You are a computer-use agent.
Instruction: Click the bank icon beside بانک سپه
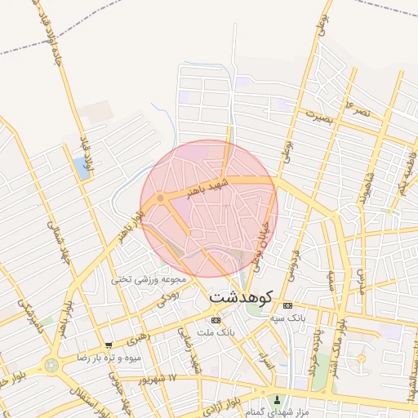pyautogui.click(x=286, y=305)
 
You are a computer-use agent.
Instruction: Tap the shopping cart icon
pyautogui.click(x=109, y=345)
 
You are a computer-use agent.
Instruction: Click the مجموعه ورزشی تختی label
pyautogui.click(x=149, y=278)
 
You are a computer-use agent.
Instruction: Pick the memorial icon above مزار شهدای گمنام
pyautogui.click(x=277, y=400)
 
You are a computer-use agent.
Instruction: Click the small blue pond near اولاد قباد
pyautogui.click(x=81, y=169)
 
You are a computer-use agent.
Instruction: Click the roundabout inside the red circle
pyautogui.click(x=161, y=198)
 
